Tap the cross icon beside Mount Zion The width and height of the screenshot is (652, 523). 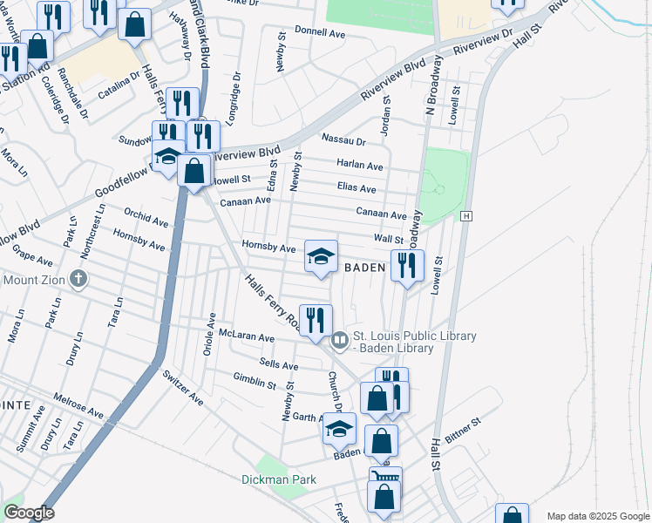coord(78,280)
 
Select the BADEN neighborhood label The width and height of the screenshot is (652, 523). coord(364,268)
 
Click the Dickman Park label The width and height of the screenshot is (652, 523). coord(279,480)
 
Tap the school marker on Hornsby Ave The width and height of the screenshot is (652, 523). coord(321,256)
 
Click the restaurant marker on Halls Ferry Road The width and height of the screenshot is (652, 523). coord(315,320)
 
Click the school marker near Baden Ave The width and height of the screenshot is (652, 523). coord(340,429)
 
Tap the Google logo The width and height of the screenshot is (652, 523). coord(28,513)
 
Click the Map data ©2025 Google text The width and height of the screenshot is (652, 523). coord(597,516)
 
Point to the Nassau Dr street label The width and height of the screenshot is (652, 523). coord(343,139)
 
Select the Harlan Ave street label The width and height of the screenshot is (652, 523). coord(360,166)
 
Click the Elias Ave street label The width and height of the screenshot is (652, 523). coord(357,188)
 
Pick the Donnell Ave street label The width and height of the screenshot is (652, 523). coord(321,33)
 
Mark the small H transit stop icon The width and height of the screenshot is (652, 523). coord(467,215)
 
